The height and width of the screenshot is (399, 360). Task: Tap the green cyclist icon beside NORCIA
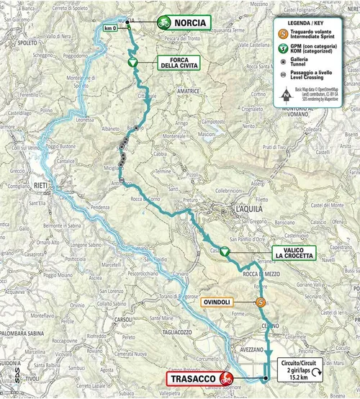163,23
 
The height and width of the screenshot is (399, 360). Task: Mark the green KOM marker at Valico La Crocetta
225,251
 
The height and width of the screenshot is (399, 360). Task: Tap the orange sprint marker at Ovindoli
260,303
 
